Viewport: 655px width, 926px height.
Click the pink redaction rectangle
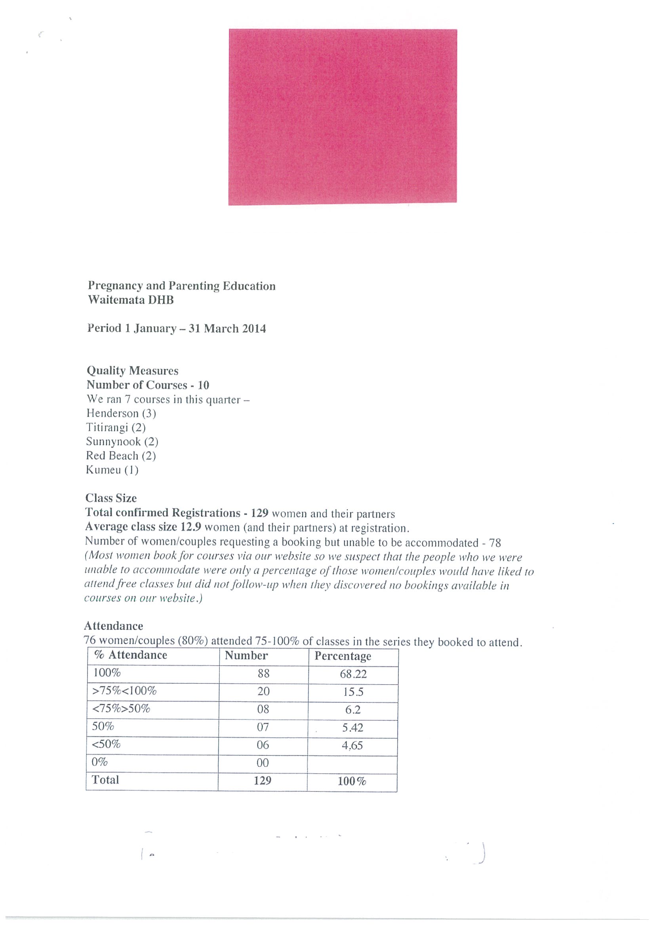[343, 117]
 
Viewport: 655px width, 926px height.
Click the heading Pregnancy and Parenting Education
[182, 286]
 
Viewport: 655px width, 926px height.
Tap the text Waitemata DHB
[131, 300]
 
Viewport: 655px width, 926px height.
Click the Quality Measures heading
[132, 371]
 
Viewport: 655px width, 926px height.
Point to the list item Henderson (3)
[121, 414]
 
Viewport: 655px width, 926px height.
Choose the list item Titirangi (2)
[116, 427]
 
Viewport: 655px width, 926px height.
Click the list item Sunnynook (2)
[122, 442]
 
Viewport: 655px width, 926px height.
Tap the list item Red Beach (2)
[121, 456]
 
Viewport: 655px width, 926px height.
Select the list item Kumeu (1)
[112, 470]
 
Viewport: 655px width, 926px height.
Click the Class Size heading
[111, 498]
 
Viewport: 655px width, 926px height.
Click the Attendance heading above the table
[113, 626]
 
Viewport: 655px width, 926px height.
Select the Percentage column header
[343, 656]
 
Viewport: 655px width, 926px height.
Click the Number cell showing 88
[263, 674]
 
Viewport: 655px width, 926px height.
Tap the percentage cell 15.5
[353, 692]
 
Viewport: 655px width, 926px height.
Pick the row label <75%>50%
[121, 709]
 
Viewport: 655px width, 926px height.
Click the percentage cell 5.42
[353, 728]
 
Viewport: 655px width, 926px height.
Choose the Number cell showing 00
[263, 763]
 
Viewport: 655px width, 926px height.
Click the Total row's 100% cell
[352, 781]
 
